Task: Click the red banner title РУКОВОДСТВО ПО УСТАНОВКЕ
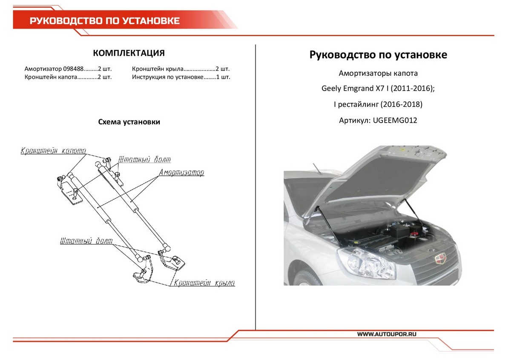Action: point(104,21)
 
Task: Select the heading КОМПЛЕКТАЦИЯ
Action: point(129,53)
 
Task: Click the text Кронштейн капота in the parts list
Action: point(50,77)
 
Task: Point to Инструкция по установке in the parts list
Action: point(167,77)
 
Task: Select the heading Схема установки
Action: point(129,122)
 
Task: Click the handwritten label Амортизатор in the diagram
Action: point(181,173)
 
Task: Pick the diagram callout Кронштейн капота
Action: point(53,151)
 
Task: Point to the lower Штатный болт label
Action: point(86,241)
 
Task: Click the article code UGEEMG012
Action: point(395,120)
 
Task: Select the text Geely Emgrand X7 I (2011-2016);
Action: point(378,89)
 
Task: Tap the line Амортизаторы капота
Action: point(378,73)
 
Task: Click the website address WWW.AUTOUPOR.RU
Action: point(386,334)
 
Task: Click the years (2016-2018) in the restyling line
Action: point(401,105)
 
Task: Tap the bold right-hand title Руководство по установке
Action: point(378,55)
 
